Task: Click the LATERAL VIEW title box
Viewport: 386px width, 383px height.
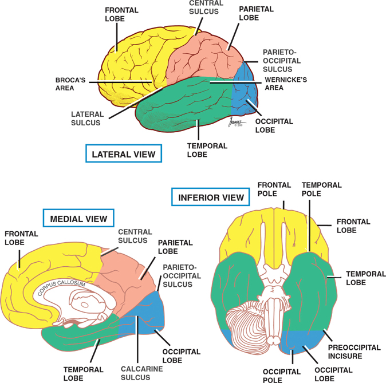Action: pos(123,153)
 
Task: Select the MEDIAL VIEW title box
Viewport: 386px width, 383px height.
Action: pos(79,218)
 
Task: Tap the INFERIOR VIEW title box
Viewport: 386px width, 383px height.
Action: pos(211,198)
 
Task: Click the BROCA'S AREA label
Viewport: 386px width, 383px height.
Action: pos(70,84)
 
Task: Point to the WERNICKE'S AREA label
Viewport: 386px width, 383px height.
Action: pos(285,84)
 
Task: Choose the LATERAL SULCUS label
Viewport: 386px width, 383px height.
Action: pos(86,118)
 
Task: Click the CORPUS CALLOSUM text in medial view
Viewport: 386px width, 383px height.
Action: pos(62,286)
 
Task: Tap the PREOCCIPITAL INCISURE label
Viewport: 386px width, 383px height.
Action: pos(350,351)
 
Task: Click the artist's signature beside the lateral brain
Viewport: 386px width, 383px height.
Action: pos(230,123)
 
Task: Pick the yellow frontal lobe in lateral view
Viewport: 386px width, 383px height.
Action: pos(129,63)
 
